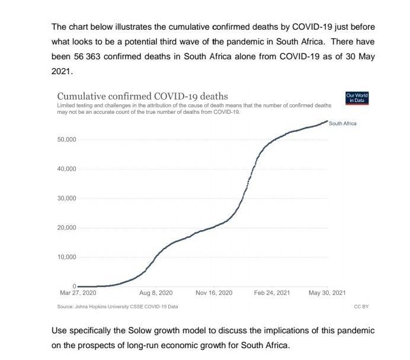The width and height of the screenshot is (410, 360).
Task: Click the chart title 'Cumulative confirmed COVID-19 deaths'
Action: [142, 96]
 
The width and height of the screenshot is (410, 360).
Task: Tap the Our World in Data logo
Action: [357, 98]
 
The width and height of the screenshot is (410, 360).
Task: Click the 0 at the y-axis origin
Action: [74, 286]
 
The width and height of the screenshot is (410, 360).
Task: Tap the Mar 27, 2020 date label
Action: [78, 293]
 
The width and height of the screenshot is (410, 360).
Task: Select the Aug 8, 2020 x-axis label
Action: [155, 293]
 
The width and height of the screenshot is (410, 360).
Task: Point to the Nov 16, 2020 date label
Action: [214, 293]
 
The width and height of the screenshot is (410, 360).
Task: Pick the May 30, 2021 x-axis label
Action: [326, 293]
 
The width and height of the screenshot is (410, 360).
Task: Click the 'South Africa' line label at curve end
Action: [342, 123]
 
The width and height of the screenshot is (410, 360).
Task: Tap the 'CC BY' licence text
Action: [361, 307]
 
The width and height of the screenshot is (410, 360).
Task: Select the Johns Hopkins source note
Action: [117, 307]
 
